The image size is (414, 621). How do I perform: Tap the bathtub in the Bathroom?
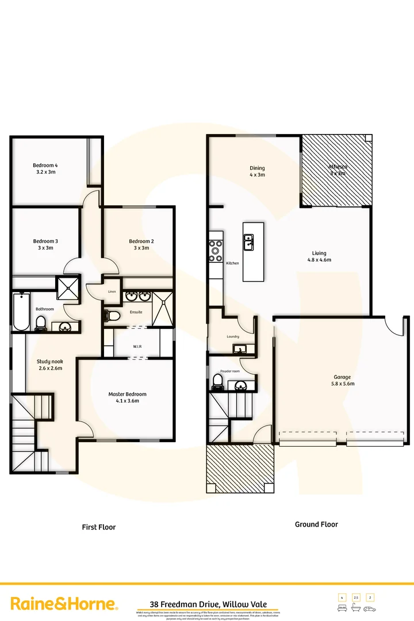click(x=21, y=311)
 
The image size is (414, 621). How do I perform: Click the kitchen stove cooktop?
click(x=216, y=251)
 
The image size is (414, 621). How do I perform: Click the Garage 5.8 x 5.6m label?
click(x=342, y=381)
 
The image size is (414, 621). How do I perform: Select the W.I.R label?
click(x=137, y=347)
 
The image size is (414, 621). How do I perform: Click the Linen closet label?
click(x=112, y=292)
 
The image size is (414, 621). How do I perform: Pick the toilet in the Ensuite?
click(x=112, y=316)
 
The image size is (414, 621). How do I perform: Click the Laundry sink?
click(x=239, y=348)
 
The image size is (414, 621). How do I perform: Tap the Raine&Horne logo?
click(x=64, y=604)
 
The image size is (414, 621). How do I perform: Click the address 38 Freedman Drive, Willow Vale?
click(x=206, y=604)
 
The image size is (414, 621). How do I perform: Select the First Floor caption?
click(x=99, y=527)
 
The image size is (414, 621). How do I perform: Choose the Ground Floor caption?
click(x=316, y=524)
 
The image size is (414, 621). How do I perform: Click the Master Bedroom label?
click(x=127, y=397)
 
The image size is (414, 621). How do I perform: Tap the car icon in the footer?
click(x=370, y=608)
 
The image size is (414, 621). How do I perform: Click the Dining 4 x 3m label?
click(x=257, y=171)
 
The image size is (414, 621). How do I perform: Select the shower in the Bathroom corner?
click(x=69, y=288)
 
